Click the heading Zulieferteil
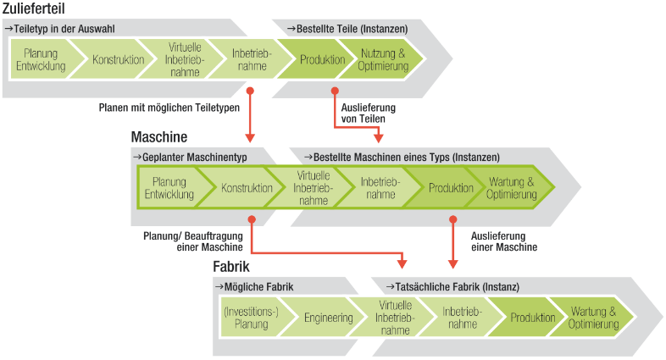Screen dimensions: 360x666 coord(36,9)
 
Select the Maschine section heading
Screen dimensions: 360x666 coord(158,136)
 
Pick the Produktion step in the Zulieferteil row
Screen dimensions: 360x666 coord(322,60)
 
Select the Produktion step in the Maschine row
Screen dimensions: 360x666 coord(450,188)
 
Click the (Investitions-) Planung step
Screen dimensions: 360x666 coord(251,318)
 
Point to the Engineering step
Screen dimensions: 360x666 coord(328,318)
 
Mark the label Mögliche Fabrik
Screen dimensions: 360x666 coord(256,286)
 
